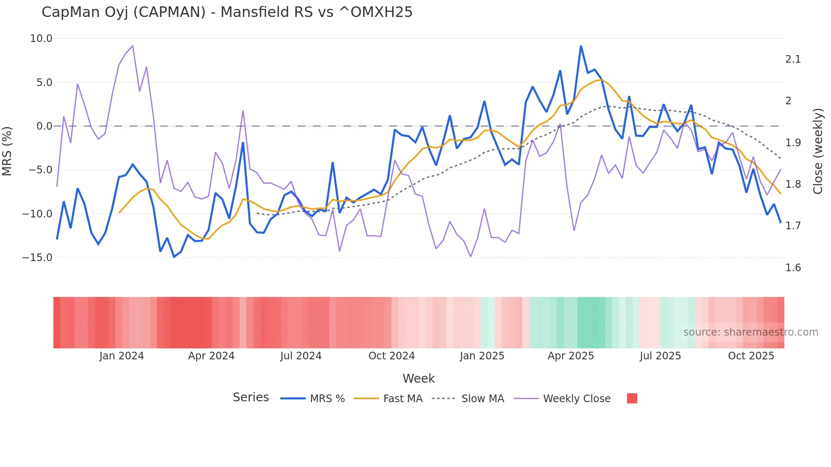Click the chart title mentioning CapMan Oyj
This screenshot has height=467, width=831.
[227, 12]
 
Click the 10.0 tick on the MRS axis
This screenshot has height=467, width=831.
[41, 39]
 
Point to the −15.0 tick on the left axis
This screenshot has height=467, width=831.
[37, 257]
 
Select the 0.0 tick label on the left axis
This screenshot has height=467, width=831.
[44, 126]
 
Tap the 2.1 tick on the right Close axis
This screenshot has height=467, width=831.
[793, 59]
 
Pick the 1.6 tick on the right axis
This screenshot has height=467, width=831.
[793, 268]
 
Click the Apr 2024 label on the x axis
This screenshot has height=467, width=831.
[211, 356]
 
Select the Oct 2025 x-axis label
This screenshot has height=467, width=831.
[751, 356]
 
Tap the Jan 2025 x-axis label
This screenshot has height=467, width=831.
[482, 356]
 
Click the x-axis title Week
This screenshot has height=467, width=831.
[418, 378]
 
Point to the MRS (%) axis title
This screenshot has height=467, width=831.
[7, 151]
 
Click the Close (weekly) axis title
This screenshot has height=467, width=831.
[818, 151]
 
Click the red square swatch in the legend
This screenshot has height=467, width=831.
[632, 398]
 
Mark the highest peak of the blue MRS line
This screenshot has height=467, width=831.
[581, 46]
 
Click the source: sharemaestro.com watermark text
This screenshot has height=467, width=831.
[750, 332]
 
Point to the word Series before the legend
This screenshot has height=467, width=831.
[251, 398]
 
